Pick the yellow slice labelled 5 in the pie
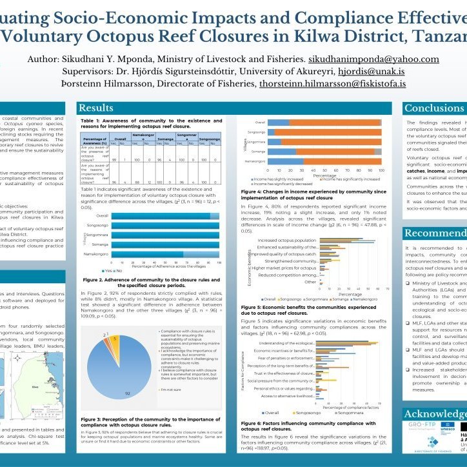coord(115,356)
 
